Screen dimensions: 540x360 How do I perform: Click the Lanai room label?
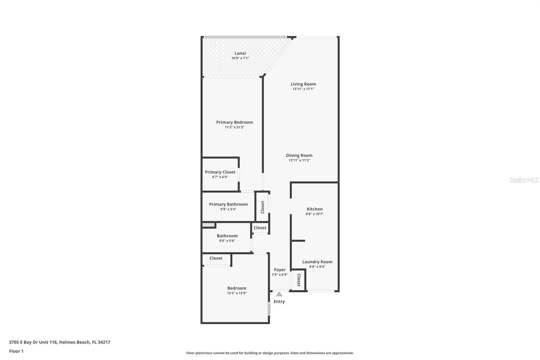240,53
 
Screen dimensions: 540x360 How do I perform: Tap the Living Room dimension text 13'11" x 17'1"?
303,89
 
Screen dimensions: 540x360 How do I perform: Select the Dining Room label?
299,155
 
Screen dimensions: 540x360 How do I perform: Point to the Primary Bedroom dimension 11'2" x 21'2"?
235,127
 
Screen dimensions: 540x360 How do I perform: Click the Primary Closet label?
220,172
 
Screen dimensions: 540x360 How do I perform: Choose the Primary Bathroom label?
228,204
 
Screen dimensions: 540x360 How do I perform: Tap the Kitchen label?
315,209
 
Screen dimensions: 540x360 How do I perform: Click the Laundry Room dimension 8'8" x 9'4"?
317,266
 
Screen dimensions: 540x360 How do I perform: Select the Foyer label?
280,270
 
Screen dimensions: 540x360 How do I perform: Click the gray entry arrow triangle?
279,294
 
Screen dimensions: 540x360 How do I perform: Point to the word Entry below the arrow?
279,302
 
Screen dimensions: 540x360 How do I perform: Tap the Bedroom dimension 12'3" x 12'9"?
237,293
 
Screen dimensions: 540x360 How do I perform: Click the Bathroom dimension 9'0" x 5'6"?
227,241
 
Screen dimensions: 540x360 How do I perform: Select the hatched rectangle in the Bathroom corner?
208,225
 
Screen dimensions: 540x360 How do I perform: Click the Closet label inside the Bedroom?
216,258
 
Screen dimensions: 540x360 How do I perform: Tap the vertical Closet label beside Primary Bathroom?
263,207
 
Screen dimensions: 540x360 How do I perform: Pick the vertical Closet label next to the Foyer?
299,280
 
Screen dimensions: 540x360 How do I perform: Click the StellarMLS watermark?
524,180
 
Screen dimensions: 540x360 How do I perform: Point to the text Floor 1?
17,351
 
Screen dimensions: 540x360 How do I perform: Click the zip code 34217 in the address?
104,342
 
